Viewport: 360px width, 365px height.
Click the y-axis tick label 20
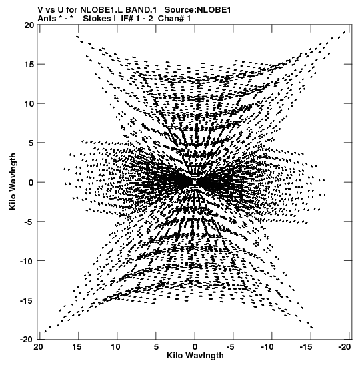pyautogui.click(x=29, y=25)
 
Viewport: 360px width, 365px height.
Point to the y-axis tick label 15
pyautogui.click(x=29, y=64)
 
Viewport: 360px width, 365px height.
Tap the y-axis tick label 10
pyautogui.click(x=29, y=103)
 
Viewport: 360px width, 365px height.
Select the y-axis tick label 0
pyautogui.click(x=31, y=182)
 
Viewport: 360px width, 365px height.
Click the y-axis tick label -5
pyautogui.click(x=29, y=222)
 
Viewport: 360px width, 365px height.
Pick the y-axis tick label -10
pyautogui.click(x=27, y=261)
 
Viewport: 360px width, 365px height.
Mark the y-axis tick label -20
pyautogui.click(x=27, y=340)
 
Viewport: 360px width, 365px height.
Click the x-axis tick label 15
pyautogui.click(x=77, y=347)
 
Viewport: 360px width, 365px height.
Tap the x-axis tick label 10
pyautogui.click(x=115, y=347)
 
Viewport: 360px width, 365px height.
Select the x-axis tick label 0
pyautogui.click(x=195, y=347)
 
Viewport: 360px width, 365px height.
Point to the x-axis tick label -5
pyautogui.click(x=231, y=347)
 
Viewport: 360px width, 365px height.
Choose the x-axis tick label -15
pyautogui.click(x=305, y=347)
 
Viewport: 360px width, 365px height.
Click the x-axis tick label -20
pyautogui.click(x=345, y=347)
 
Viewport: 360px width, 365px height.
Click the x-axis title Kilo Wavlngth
pyautogui.click(x=195, y=356)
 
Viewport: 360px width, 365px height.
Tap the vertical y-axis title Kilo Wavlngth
pyautogui.click(x=13, y=181)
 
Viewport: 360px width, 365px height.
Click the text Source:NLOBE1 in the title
pyautogui.click(x=198, y=10)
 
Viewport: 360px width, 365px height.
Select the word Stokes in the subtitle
pyautogui.click(x=97, y=19)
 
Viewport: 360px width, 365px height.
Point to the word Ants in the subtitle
pyautogui.click(x=47, y=19)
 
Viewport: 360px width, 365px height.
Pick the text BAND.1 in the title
pyautogui.click(x=141, y=10)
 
